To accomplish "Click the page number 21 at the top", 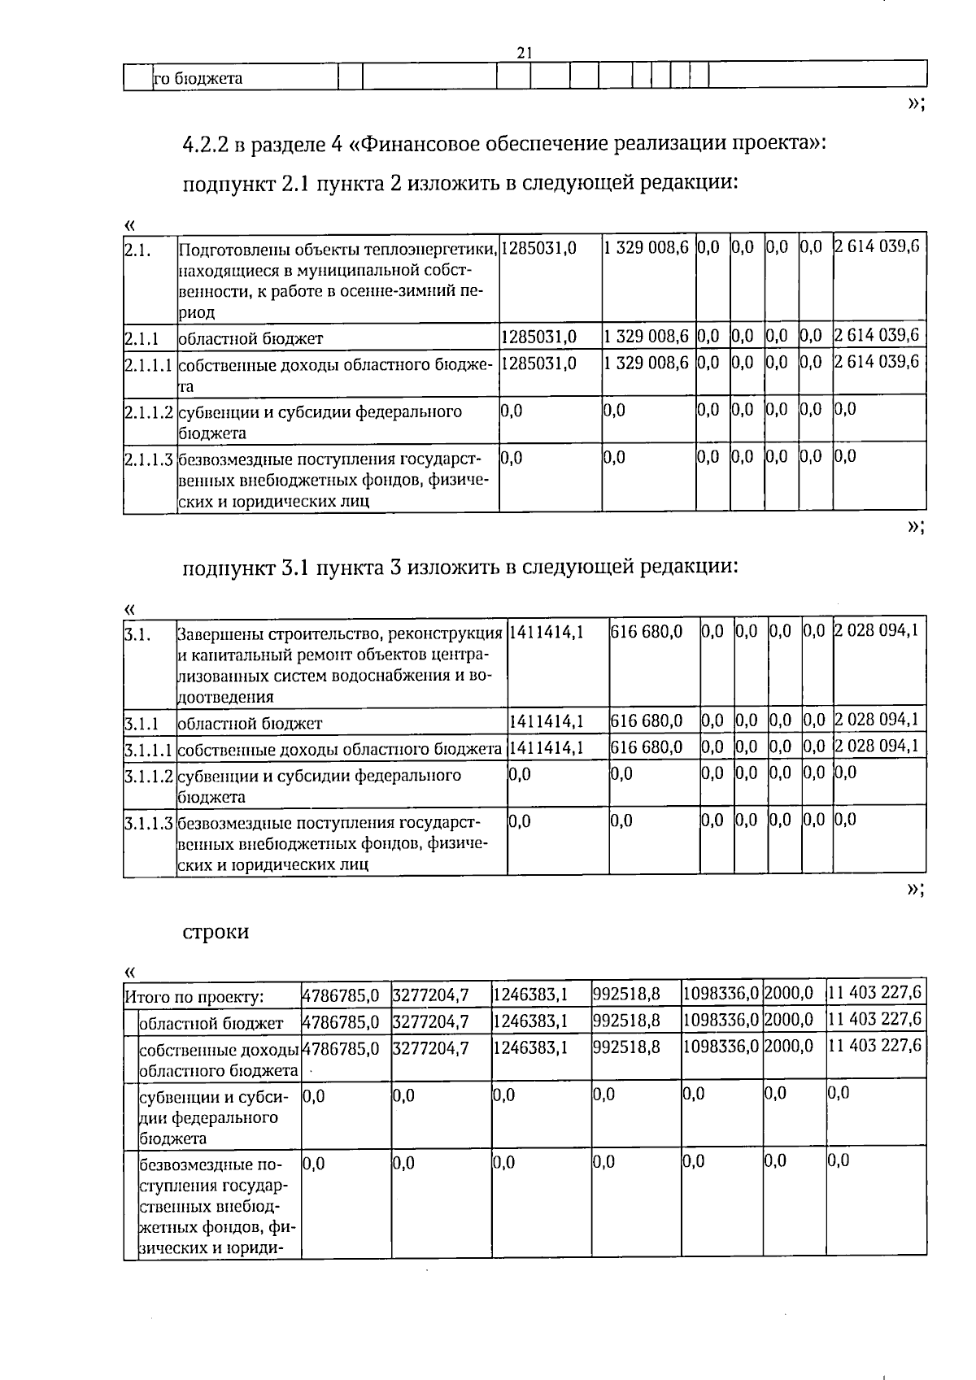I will (x=525, y=52).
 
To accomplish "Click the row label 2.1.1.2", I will (x=150, y=412).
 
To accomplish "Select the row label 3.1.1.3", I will (x=150, y=823).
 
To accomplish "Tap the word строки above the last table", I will (x=216, y=932).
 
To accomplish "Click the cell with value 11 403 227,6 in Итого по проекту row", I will (x=875, y=993).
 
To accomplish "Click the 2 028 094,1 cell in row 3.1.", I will (x=878, y=630).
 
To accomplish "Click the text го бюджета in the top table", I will (x=198, y=79).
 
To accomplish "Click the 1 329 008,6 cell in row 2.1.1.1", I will (x=647, y=363).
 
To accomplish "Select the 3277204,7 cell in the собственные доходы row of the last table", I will (x=431, y=1048).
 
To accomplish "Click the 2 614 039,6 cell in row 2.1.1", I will (x=878, y=335).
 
